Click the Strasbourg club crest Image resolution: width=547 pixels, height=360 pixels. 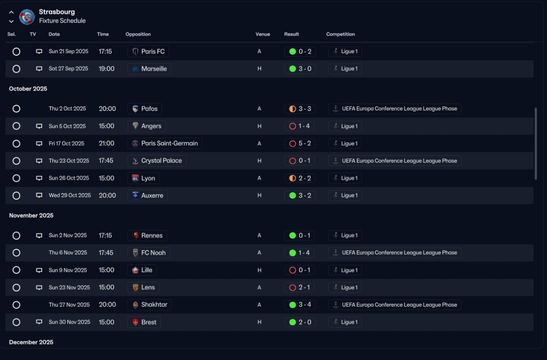click(x=27, y=17)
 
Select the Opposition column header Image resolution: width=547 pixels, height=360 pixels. click(x=138, y=34)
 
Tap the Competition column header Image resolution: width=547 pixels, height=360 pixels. click(x=341, y=34)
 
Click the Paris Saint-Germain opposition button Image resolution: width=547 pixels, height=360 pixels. click(x=165, y=143)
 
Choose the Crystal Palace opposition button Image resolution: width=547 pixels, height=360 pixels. click(x=157, y=161)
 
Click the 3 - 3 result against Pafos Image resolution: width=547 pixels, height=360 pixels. click(x=300, y=109)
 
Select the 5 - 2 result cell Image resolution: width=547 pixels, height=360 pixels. click(x=300, y=143)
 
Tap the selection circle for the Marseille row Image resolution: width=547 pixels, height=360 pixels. click(x=16, y=69)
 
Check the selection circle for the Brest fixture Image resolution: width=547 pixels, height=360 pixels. click(x=16, y=322)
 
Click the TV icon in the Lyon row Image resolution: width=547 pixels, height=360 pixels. click(x=39, y=178)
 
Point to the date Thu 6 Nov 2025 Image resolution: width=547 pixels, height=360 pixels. click(x=68, y=253)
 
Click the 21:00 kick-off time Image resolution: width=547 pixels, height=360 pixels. click(x=106, y=143)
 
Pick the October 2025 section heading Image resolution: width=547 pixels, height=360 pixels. click(x=28, y=89)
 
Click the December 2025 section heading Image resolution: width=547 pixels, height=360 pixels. click(x=31, y=342)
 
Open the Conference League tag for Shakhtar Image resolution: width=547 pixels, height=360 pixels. click(x=394, y=305)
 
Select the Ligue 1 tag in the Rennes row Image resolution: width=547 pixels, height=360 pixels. click(x=345, y=236)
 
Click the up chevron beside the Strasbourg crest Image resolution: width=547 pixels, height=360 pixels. click(x=11, y=12)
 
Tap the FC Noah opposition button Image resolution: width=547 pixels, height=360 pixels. click(x=149, y=253)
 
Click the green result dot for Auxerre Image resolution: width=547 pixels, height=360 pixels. click(x=293, y=195)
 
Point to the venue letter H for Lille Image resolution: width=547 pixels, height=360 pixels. click(x=259, y=270)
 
